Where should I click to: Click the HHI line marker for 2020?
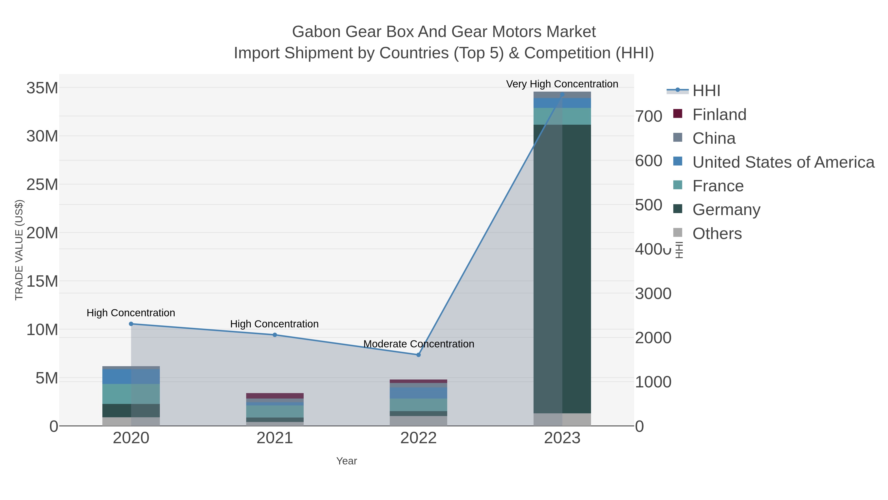point(131,324)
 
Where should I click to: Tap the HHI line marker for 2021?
point(275,335)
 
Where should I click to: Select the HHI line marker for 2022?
point(419,355)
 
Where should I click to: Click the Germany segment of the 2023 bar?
point(562,269)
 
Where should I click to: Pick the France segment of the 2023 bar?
point(562,116)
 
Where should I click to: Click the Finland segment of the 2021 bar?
point(275,396)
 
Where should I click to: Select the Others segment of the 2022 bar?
point(419,421)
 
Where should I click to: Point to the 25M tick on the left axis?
point(42,185)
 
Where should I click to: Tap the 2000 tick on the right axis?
point(653,338)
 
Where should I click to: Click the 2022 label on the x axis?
point(419,438)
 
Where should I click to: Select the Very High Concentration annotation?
point(562,84)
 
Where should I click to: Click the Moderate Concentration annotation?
point(419,344)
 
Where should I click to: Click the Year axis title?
point(347,461)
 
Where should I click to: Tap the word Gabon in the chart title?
point(316,32)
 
